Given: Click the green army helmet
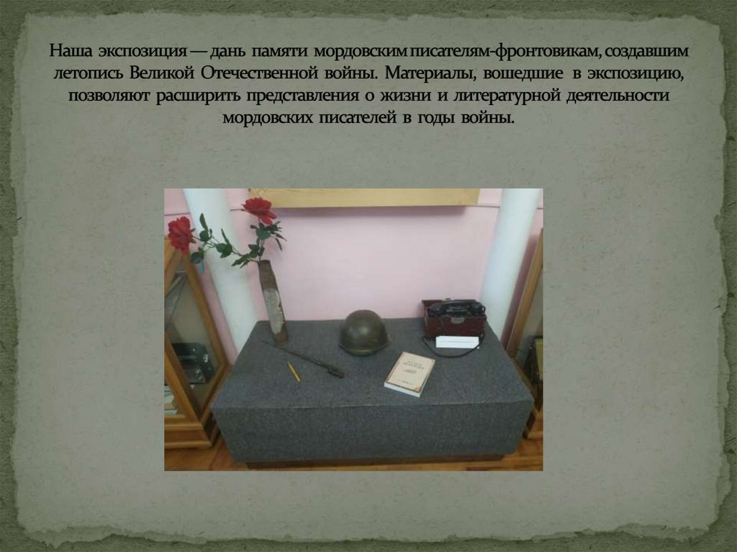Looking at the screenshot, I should click(363, 332).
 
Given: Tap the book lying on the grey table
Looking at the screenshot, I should click(410, 373).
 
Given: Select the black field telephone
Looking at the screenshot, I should click(453, 317).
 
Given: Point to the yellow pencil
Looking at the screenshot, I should click(294, 371).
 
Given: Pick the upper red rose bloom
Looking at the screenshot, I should click(258, 209).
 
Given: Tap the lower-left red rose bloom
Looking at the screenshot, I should click(180, 233).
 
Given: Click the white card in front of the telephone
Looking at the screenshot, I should click(457, 342).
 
